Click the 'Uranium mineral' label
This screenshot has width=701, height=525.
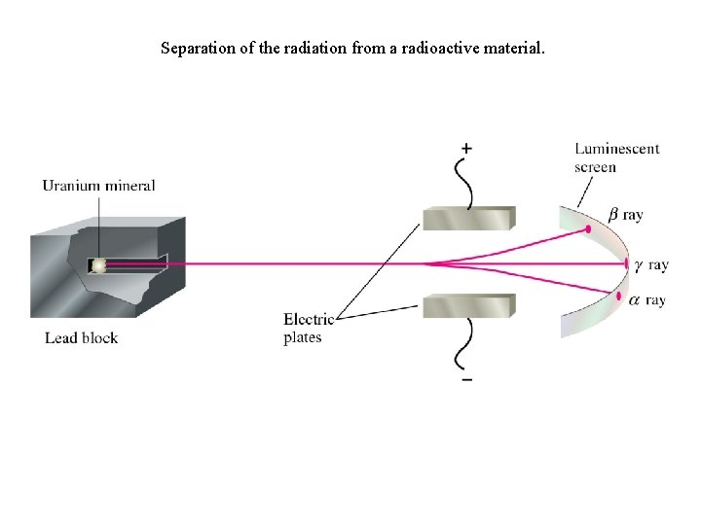point(98,186)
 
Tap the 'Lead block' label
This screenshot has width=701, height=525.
point(81,338)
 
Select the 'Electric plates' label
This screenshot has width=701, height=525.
point(308,329)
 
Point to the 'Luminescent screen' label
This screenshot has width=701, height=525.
point(616,157)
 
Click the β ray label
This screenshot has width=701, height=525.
point(625,214)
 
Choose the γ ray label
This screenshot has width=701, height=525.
point(651,264)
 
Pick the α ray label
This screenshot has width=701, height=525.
point(647,300)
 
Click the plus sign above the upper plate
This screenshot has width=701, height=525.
point(467,149)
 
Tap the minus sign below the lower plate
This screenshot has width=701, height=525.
point(467,379)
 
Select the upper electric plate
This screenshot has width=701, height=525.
point(468,219)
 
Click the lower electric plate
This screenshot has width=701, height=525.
point(468,305)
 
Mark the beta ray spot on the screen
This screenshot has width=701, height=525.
point(589,230)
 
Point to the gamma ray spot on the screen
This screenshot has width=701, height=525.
point(627,263)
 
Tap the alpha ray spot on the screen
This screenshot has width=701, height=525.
point(617,296)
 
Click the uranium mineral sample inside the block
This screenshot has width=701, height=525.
point(99,264)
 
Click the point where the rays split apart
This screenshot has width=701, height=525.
point(426,263)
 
